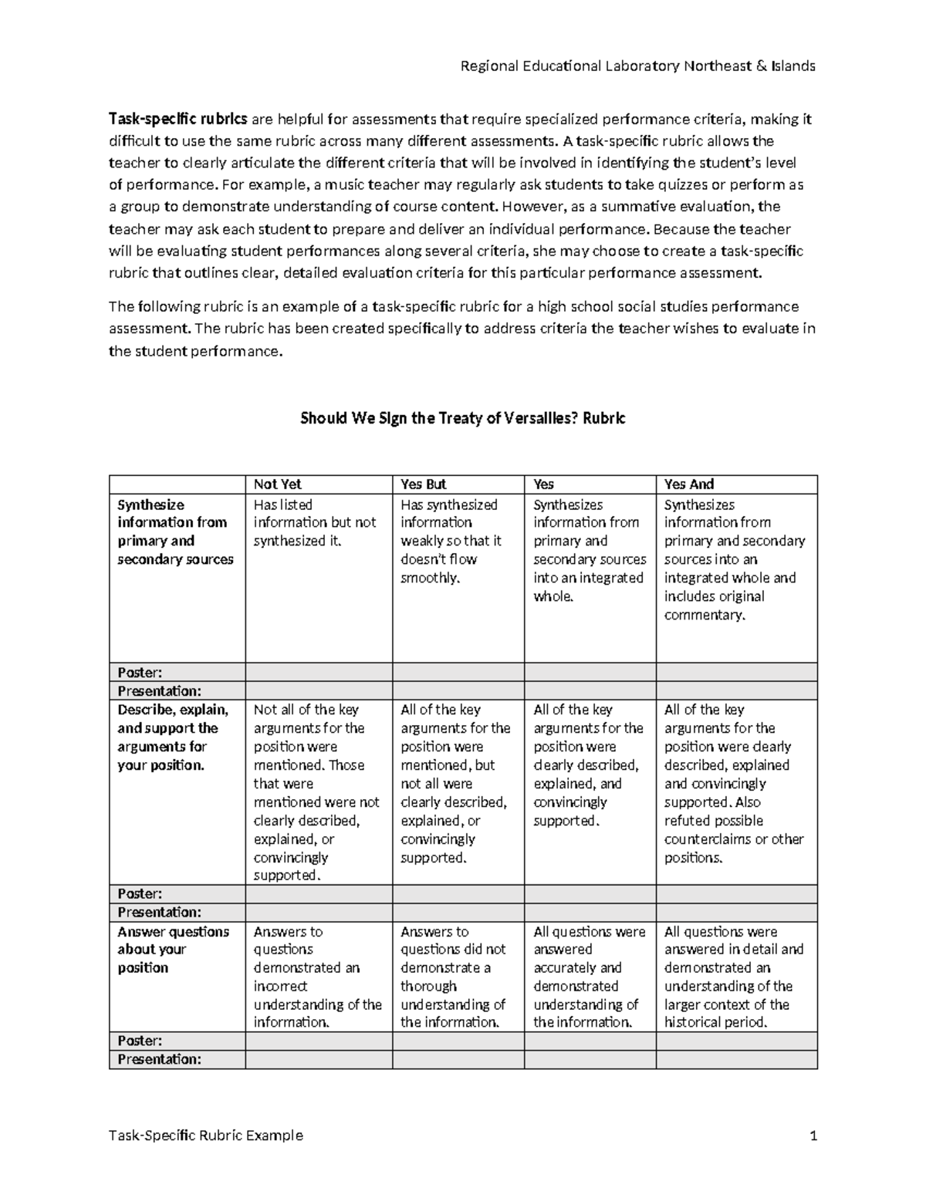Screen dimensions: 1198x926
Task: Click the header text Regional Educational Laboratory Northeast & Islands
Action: (x=637, y=66)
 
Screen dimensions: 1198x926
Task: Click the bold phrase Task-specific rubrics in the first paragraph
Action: (x=178, y=119)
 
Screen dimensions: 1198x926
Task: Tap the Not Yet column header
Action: (x=278, y=484)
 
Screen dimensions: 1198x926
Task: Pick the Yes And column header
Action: (x=689, y=484)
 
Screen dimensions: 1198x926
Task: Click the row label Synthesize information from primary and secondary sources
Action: (x=175, y=532)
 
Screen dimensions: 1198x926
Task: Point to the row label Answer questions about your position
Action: (x=173, y=950)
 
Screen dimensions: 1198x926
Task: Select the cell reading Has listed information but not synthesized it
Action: (x=315, y=523)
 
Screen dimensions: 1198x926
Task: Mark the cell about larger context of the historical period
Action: (x=733, y=977)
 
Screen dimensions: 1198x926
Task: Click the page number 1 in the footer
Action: (x=813, y=1136)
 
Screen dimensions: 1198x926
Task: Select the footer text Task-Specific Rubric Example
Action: (x=206, y=1136)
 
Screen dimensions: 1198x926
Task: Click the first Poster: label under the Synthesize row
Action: (x=140, y=672)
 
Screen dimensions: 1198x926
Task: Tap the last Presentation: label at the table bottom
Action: (x=159, y=1059)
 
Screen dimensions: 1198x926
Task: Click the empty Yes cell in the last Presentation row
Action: (x=590, y=1059)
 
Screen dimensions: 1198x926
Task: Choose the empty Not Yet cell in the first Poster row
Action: (x=319, y=672)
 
